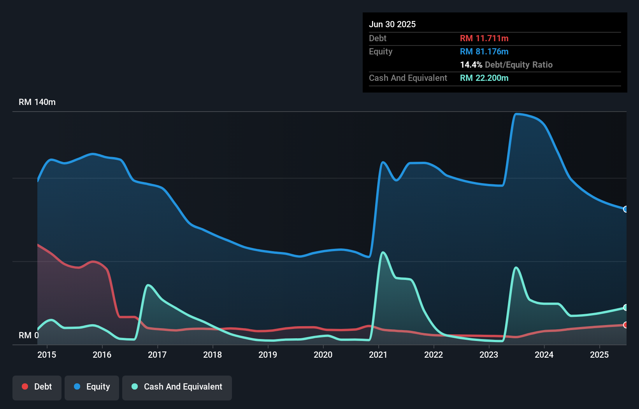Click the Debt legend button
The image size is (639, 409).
37,387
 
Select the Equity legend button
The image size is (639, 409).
92,387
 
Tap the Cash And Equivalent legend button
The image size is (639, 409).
177,387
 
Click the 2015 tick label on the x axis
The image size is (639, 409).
47,355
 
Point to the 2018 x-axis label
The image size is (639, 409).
212,355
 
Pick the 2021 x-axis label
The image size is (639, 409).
378,355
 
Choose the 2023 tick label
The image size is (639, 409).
489,355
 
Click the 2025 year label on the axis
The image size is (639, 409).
599,355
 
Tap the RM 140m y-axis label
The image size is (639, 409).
37,102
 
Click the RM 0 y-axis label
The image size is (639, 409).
29,335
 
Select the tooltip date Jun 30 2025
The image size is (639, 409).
392,24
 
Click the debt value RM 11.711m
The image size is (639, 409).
484,38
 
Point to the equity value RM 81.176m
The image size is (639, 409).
484,52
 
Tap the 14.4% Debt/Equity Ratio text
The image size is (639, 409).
506,65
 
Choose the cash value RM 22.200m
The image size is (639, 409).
484,78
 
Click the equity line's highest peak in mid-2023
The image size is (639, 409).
516,114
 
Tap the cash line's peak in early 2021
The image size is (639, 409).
383,252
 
